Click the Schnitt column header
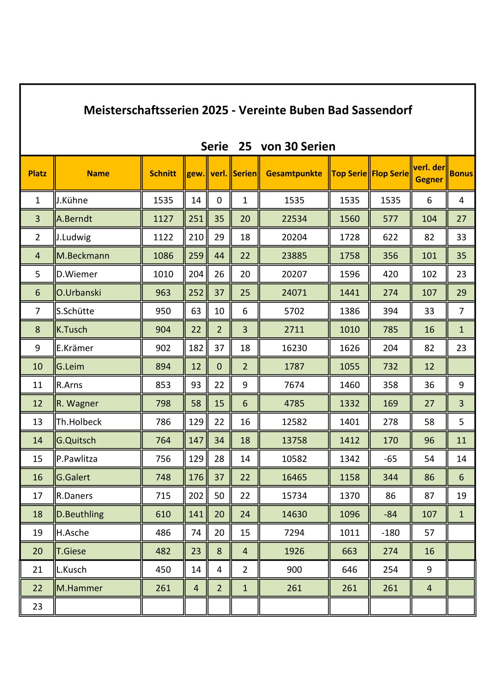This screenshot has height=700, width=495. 163,173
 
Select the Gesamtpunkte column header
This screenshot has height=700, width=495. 294,173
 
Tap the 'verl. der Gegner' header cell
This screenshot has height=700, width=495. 429,173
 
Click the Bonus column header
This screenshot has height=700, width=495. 461,173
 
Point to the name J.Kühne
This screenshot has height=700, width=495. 72,200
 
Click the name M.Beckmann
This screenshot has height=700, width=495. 83,255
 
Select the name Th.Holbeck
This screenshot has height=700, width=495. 79,422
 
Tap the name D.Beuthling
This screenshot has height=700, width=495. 80,514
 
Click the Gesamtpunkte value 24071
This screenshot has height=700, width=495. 294,292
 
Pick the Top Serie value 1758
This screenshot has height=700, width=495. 349,255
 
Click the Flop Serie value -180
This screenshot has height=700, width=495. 390,532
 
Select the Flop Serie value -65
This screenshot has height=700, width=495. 390,459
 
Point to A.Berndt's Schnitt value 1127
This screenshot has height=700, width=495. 163,219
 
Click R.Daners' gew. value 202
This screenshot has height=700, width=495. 196,496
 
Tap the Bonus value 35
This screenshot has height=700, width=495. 461,255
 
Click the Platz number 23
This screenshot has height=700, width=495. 37,606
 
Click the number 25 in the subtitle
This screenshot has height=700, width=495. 245,146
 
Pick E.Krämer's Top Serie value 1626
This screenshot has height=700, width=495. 349,348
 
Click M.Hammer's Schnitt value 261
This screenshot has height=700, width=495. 163,588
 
